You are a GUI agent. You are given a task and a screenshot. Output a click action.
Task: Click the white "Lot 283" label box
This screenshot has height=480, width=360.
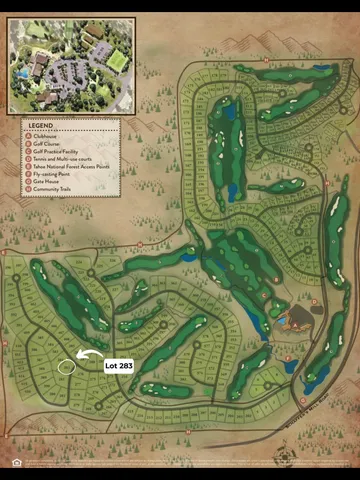119,366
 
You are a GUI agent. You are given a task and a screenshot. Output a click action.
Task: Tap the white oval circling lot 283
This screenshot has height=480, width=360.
66,365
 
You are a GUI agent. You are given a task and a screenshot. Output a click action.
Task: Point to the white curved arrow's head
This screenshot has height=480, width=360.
79,355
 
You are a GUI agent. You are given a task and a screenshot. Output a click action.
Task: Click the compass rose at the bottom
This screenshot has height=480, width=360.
286,459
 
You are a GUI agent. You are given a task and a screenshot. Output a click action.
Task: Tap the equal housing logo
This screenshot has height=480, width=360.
17,462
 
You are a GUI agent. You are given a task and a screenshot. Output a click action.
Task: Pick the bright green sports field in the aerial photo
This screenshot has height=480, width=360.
117,61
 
